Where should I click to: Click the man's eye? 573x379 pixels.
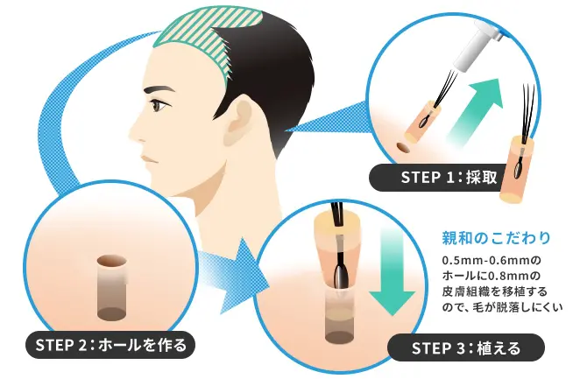(x=159, y=106)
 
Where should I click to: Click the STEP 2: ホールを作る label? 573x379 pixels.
(x=110, y=345)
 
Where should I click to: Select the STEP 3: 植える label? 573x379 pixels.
(x=465, y=347)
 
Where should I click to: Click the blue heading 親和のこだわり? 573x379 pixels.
(x=496, y=238)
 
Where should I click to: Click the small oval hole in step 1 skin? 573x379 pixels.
(x=403, y=148)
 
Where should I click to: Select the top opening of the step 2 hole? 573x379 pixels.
(x=112, y=261)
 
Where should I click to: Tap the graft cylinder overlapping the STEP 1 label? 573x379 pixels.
(x=516, y=170)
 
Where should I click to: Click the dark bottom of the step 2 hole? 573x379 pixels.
(x=112, y=314)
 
